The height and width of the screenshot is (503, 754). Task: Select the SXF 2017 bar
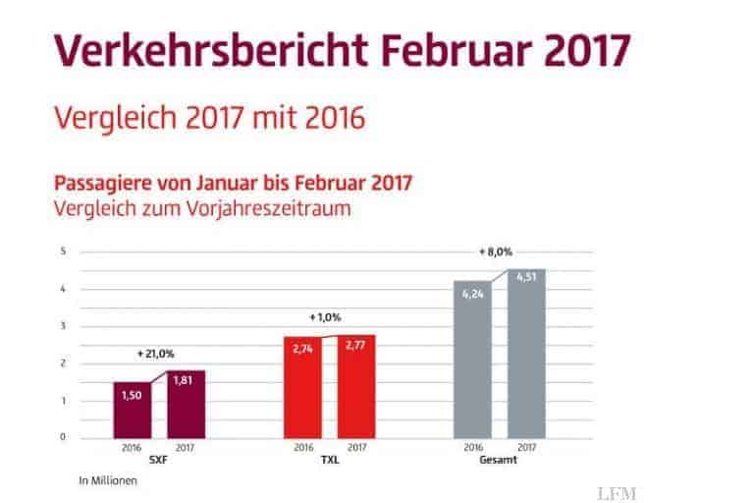pos(186,404)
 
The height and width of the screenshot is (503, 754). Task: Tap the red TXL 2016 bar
pos(302,387)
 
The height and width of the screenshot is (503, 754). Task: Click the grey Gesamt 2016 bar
pos(472,360)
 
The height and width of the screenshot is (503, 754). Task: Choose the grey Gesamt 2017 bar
pos(525,354)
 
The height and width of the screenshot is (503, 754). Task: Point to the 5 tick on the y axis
pos(63,251)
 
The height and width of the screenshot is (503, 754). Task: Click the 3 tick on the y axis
pos(63,326)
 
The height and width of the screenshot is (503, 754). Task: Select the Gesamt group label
pos(499,459)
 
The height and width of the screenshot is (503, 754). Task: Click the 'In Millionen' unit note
pos(103,480)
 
